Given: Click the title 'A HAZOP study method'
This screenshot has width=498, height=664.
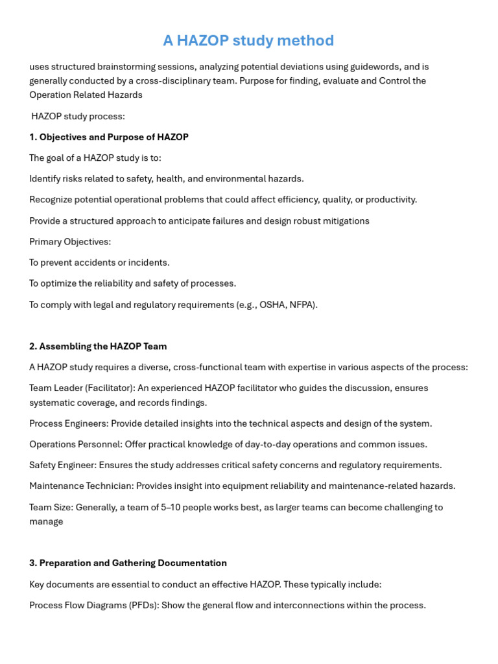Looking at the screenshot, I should [x=248, y=41].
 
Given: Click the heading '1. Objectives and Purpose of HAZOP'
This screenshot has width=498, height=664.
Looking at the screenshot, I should [x=109, y=137].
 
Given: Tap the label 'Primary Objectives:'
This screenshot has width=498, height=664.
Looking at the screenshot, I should [x=70, y=242].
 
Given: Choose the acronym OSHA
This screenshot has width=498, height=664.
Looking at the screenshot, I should [x=272, y=305].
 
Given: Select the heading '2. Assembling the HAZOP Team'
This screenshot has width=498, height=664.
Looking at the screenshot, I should [x=98, y=346].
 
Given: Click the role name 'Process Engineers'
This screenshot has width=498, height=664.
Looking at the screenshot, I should [x=68, y=423].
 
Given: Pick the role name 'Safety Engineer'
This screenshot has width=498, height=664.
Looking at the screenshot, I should [x=62, y=466].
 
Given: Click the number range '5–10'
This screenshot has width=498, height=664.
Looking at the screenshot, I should [x=172, y=508].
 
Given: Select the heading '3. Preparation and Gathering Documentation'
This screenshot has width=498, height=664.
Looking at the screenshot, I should [x=128, y=563].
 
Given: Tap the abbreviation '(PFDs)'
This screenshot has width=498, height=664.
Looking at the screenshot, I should [x=139, y=606].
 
